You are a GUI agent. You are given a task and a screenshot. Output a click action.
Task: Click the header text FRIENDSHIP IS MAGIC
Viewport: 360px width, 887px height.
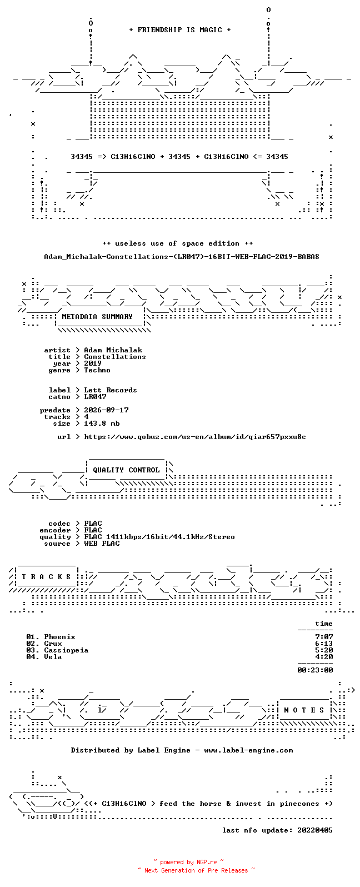pyautogui.click(x=180, y=30)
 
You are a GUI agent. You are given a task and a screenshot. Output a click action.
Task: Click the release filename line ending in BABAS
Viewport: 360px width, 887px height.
pyautogui.click(x=181, y=257)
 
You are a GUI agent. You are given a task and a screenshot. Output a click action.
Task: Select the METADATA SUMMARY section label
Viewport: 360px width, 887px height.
pyautogui.click(x=97, y=317)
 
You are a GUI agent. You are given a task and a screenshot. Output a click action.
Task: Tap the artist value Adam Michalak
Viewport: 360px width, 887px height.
pyautogui.click(x=113, y=350)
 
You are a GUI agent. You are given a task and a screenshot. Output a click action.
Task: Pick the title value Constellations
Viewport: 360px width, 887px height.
pyautogui.click(x=115, y=357)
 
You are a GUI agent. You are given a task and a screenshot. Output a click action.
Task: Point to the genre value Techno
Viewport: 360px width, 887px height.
pyautogui.click(x=97, y=370)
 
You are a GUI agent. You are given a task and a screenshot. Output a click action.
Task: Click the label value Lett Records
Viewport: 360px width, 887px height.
pyautogui.click(x=111, y=390)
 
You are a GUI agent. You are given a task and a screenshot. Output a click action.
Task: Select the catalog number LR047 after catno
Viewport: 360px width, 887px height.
pyautogui.click(x=95, y=397)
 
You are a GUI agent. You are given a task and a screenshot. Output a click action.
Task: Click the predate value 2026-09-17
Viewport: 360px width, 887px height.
pyautogui.click(x=106, y=410)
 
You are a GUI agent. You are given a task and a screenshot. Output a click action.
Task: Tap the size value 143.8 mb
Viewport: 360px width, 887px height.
pyautogui.click(x=102, y=423)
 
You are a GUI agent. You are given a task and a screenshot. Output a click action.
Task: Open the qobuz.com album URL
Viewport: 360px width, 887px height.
pyautogui.click(x=195, y=437)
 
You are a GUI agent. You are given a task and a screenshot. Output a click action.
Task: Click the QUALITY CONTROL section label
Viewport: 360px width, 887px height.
pyautogui.click(x=126, y=470)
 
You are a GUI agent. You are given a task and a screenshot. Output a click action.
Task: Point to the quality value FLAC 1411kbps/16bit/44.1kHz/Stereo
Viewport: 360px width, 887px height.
pyautogui.click(x=159, y=537)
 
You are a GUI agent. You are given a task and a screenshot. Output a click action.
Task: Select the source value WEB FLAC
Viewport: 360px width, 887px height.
pyautogui.click(x=102, y=544)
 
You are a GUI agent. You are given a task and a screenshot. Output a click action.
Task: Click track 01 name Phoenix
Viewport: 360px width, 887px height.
pyautogui.click(x=59, y=637)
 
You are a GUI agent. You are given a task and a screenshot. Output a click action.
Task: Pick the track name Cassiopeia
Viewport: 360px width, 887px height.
pyautogui.click(x=66, y=651)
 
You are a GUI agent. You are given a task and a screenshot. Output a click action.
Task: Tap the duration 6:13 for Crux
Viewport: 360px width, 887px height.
pyautogui.click(x=324, y=644)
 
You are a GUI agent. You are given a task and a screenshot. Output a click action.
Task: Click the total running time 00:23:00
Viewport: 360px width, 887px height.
pyautogui.click(x=315, y=670)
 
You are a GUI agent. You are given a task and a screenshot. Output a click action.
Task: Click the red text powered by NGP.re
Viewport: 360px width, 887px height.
pyautogui.click(x=188, y=862)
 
